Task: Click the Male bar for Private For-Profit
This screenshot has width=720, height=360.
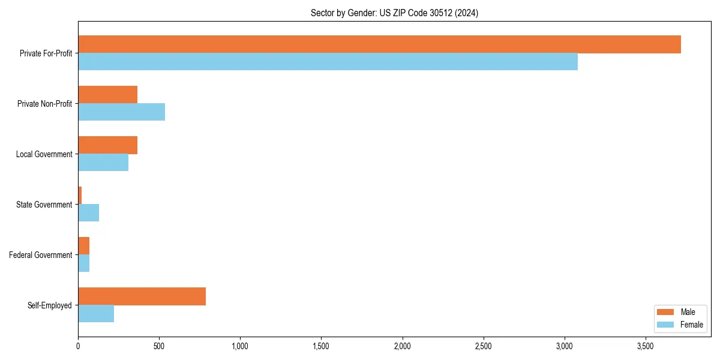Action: pyautogui.click(x=379, y=44)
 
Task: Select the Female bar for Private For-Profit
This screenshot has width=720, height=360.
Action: pyautogui.click(x=328, y=62)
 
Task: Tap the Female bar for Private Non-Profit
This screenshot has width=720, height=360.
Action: pyautogui.click(x=121, y=112)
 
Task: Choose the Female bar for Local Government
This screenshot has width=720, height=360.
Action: pyautogui.click(x=103, y=163)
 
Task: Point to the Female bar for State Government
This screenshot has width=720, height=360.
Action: pyautogui.click(x=88, y=213)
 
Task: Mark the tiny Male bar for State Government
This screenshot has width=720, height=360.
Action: pyautogui.click(x=80, y=196)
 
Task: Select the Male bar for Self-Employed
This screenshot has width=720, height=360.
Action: pyautogui.click(x=142, y=296)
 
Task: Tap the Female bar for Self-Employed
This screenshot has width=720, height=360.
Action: pyautogui.click(x=96, y=314)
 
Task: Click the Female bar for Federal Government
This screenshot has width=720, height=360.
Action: pyautogui.click(x=83, y=263)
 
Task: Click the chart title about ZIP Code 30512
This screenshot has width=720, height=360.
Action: pyautogui.click(x=394, y=13)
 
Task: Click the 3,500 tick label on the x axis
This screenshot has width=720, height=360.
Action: pyautogui.click(x=645, y=347)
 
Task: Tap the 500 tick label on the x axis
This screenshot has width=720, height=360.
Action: pyautogui.click(x=159, y=347)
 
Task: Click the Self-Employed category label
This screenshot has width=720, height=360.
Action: pyautogui.click(x=50, y=305)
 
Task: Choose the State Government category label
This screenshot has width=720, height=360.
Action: pyautogui.click(x=44, y=205)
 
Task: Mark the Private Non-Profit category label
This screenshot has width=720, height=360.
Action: pyautogui.click(x=45, y=104)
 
